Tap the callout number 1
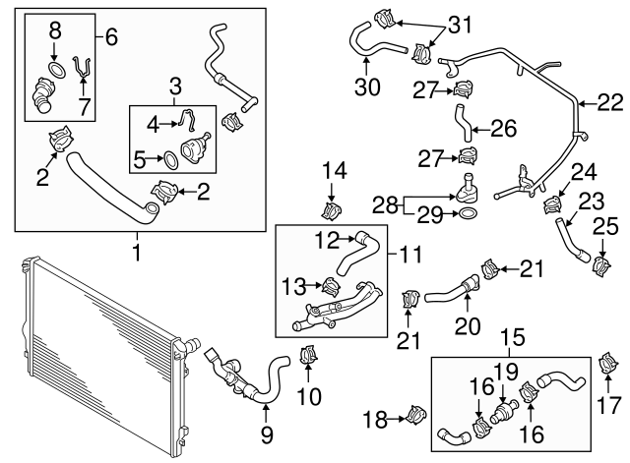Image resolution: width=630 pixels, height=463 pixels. pyautogui.click(x=137, y=253)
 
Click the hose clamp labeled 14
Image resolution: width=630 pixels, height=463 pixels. pyautogui.click(x=334, y=209)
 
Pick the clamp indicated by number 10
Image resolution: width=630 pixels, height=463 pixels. pyautogui.click(x=309, y=355)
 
